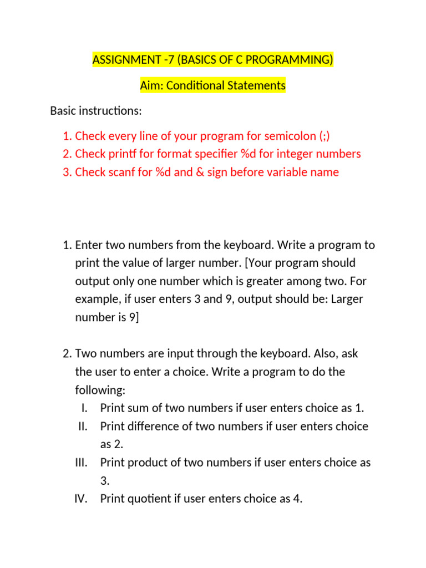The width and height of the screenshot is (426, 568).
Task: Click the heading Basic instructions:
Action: [96, 111]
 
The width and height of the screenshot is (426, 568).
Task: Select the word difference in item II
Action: [152, 427]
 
